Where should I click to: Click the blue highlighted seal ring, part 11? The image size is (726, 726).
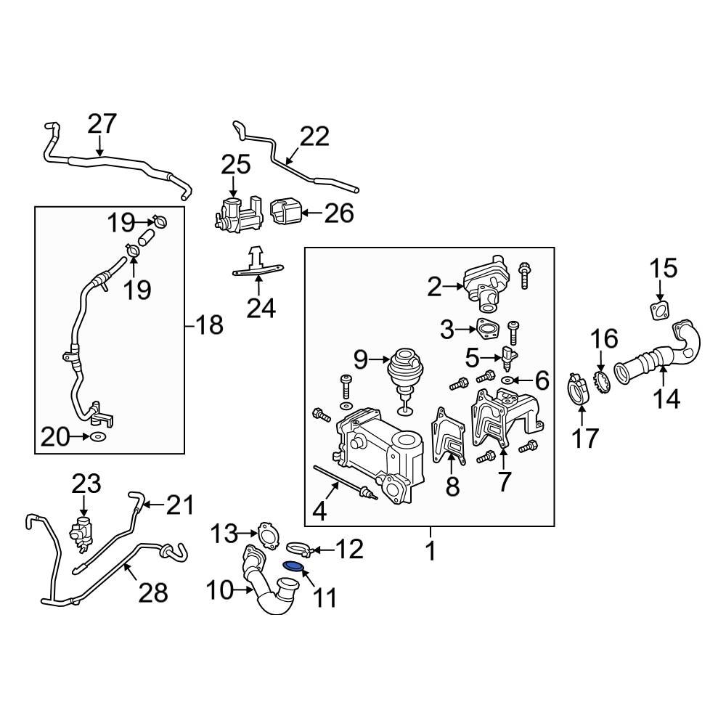pyautogui.click(x=292, y=566)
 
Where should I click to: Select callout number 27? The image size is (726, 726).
pyautogui.click(x=102, y=124)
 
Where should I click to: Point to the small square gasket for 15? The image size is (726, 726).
pyautogui.click(x=659, y=311)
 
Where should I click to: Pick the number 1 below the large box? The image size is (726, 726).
pyautogui.click(x=431, y=551)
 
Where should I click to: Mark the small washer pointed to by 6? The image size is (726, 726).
pyautogui.click(x=508, y=380)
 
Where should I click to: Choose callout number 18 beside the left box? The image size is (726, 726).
pyautogui.click(x=209, y=325)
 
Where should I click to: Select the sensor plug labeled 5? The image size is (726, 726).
pyautogui.click(x=510, y=360)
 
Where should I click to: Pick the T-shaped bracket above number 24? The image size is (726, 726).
pyautogui.click(x=258, y=263)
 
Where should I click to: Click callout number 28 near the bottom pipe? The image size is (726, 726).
pyautogui.click(x=153, y=593)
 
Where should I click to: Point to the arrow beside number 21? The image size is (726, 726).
pyautogui.click(x=154, y=505)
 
